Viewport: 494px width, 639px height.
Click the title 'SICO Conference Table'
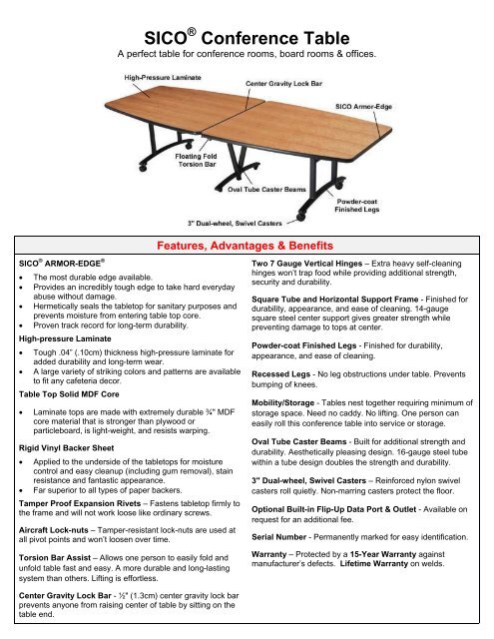pos(247,37)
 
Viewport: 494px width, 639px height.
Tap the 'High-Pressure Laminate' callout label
pos(165,76)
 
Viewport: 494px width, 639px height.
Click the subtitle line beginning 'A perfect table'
pos(247,54)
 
